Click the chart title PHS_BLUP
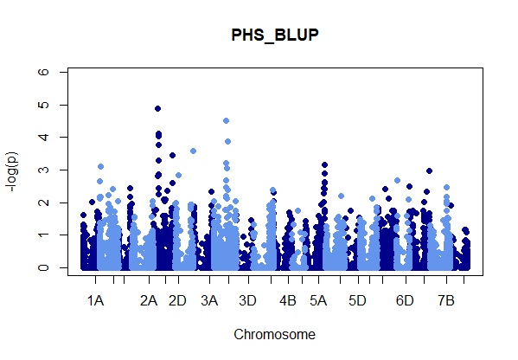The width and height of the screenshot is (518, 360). point(275,35)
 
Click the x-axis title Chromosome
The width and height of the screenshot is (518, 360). point(274,335)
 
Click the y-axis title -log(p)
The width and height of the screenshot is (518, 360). point(12,171)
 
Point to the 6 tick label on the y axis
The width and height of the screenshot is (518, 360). point(43,72)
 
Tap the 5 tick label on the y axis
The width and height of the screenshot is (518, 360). point(43,105)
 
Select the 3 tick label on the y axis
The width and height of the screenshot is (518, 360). point(43,170)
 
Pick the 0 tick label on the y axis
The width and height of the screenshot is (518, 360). point(43,267)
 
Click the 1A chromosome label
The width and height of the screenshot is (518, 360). point(95,301)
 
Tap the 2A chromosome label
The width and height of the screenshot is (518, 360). point(149,301)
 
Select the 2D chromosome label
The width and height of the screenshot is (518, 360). point(177,301)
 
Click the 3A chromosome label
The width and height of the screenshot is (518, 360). point(209,301)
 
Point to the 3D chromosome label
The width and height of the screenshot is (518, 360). point(248,301)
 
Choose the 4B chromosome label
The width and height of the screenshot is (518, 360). point(288,301)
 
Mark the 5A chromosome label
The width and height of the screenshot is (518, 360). point(318,301)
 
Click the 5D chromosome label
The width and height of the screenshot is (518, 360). point(357,301)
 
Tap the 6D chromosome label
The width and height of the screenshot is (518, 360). point(405,301)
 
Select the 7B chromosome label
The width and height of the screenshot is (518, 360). point(446,301)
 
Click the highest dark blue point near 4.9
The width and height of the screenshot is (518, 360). point(158,109)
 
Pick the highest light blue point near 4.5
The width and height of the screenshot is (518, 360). point(227,121)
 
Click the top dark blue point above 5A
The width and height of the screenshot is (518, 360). point(325,165)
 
